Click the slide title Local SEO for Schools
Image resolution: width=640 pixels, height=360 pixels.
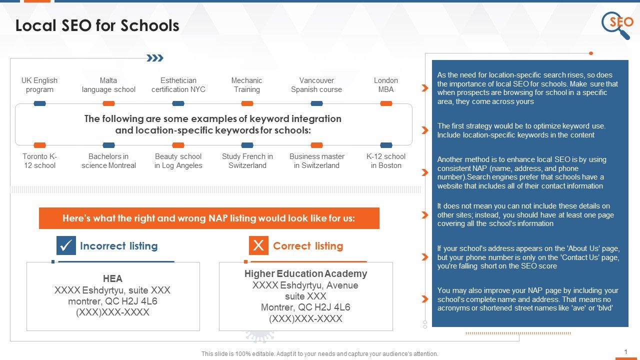pos(97,25)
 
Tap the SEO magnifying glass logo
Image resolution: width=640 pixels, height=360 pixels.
pos(618,25)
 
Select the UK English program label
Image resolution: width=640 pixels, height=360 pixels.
pos(39,85)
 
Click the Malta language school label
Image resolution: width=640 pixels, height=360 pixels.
pos(108,85)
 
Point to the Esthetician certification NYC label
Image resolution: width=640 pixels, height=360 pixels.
pos(178,85)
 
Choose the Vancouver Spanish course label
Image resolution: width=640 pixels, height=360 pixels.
pos(316,85)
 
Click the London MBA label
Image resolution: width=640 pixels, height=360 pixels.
pos(386,85)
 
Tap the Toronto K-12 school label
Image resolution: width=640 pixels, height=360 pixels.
pos(39,161)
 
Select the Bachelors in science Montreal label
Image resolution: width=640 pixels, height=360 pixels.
pos(108,161)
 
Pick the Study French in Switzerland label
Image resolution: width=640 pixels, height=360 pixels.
pos(247,161)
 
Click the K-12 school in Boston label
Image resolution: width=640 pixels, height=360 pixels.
pos(386,161)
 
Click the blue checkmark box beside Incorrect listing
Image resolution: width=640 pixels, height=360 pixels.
pos(66,245)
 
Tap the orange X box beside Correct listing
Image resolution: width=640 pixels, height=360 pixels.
pos(258,245)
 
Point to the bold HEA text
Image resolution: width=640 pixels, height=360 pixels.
pos(112,279)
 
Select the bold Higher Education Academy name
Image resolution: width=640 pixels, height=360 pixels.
pos(305,273)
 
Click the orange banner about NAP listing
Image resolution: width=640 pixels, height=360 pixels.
pos(209,218)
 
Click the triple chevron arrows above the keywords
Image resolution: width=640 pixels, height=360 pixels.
pos(155,58)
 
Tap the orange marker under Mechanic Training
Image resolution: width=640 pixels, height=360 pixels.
pos(247,103)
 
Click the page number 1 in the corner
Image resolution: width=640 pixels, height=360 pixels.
pos(625,352)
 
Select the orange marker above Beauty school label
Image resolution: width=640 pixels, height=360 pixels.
pos(178,145)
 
